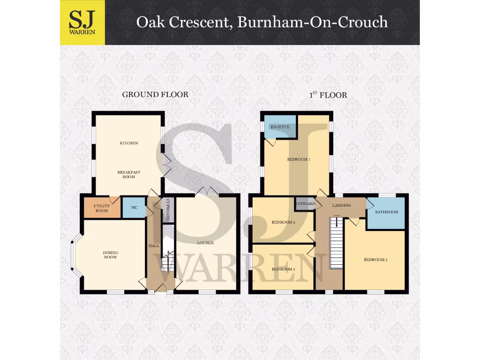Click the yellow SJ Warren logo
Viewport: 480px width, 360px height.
click(x=82, y=22)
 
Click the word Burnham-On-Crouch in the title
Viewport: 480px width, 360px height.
click(x=313, y=22)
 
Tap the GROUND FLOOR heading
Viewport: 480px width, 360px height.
click(x=155, y=95)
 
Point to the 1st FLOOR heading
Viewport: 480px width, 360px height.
click(x=328, y=95)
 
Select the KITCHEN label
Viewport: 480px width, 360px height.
click(x=128, y=143)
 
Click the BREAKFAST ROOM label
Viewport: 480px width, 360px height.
click(x=128, y=174)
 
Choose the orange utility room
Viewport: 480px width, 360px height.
click(x=102, y=208)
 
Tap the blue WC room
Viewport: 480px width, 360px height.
click(x=134, y=208)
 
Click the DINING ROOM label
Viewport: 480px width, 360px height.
click(x=111, y=255)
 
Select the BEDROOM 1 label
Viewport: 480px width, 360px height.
click(x=299, y=159)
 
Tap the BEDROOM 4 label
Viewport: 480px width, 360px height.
click(x=283, y=223)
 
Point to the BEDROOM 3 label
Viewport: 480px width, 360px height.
click(x=283, y=269)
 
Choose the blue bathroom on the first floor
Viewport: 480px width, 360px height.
click(x=386, y=212)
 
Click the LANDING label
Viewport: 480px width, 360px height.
click(x=341, y=205)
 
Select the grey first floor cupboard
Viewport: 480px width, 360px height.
click(x=305, y=204)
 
